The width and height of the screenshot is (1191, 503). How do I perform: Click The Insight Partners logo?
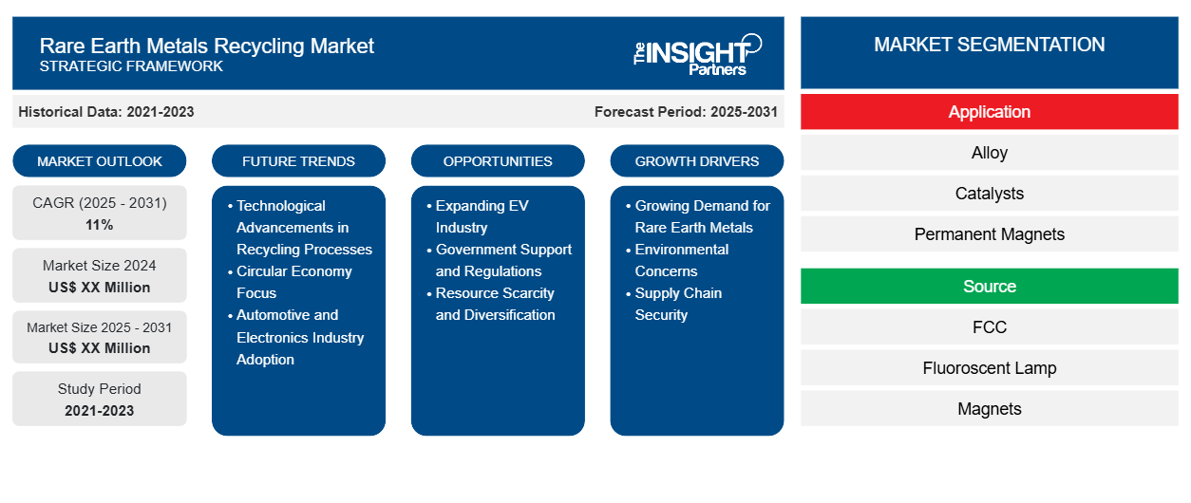[697, 53]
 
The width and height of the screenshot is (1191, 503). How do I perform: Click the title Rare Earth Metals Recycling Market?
[207, 45]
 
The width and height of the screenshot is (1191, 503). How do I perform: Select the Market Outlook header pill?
[100, 161]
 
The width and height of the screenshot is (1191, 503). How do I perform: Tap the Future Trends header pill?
[298, 161]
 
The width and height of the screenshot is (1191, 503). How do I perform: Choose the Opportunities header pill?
[498, 161]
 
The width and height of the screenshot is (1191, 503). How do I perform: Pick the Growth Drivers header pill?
[697, 161]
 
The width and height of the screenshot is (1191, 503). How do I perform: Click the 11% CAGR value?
[100, 225]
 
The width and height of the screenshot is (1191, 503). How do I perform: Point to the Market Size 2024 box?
[100, 276]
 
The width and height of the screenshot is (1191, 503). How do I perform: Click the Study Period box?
[100, 399]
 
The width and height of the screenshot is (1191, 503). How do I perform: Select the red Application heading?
[989, 112]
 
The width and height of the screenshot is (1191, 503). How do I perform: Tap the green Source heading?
[989, 287]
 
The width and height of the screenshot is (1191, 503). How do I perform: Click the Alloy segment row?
[989, 153]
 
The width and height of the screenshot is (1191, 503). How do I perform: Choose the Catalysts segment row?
[989, 194]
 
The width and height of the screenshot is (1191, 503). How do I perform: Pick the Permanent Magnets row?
[989, 234]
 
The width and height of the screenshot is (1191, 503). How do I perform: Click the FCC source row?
[989, 327]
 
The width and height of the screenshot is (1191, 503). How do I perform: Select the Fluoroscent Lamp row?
[989, 368]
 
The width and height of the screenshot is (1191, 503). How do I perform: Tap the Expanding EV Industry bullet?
[482, 216]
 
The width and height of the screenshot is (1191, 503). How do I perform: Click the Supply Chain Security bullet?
[678, 304]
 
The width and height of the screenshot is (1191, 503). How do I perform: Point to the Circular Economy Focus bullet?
[293, 282]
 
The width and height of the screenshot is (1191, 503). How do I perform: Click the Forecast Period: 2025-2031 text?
[686, 112]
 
